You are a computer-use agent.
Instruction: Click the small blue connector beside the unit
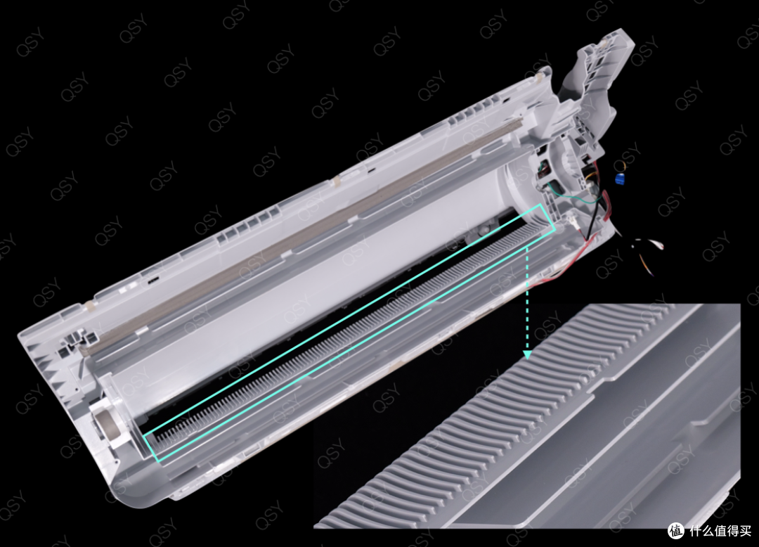coord(619,179)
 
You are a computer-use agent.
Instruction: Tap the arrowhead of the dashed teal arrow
coord(528,354)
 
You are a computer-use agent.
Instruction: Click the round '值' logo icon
coord(676,531)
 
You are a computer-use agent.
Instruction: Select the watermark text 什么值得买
coord(721,531)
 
